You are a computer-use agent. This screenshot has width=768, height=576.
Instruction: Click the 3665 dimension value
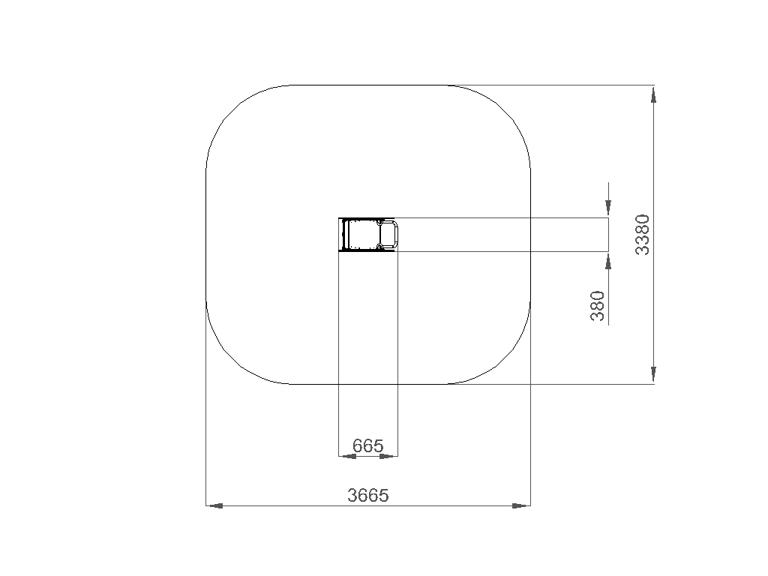click(367, 495)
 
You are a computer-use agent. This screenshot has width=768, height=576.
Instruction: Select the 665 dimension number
click(367, 445)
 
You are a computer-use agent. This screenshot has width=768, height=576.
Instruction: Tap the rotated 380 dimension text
click(598, 306)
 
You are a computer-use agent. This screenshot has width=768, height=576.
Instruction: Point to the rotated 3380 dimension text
click(642, 235)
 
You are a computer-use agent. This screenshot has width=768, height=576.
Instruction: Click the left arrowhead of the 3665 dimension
click(214, 505)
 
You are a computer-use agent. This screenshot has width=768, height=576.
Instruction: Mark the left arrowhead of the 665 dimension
click(348, 456)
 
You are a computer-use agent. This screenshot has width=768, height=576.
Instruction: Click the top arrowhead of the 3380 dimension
click(654, 94)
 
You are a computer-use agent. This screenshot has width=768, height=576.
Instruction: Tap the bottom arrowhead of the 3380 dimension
click(654, 375)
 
